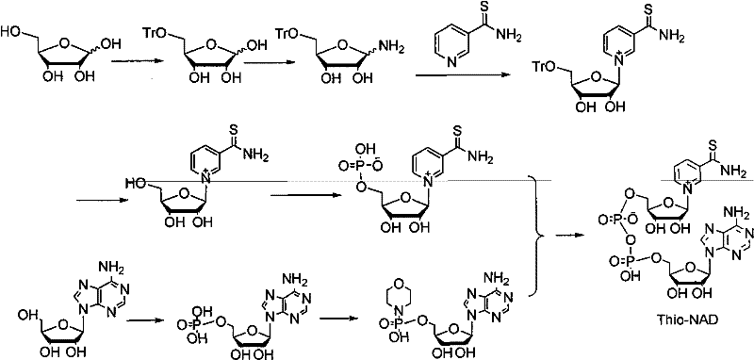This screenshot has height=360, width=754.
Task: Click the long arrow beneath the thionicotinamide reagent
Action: (x=463, y=83)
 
